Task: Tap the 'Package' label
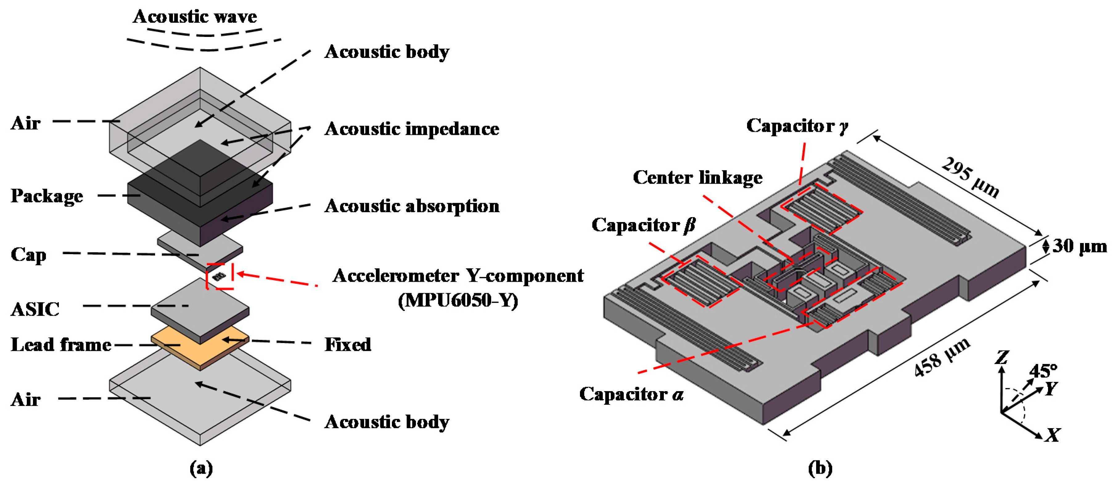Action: point(47,196)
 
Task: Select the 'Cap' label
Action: point(29,254)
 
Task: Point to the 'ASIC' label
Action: point(35,309)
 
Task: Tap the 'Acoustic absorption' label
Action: point(412,206)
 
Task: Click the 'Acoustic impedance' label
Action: point(411,129)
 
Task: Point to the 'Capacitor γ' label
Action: point(797,126)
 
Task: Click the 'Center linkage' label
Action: point(697,178)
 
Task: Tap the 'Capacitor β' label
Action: point(643,225)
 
